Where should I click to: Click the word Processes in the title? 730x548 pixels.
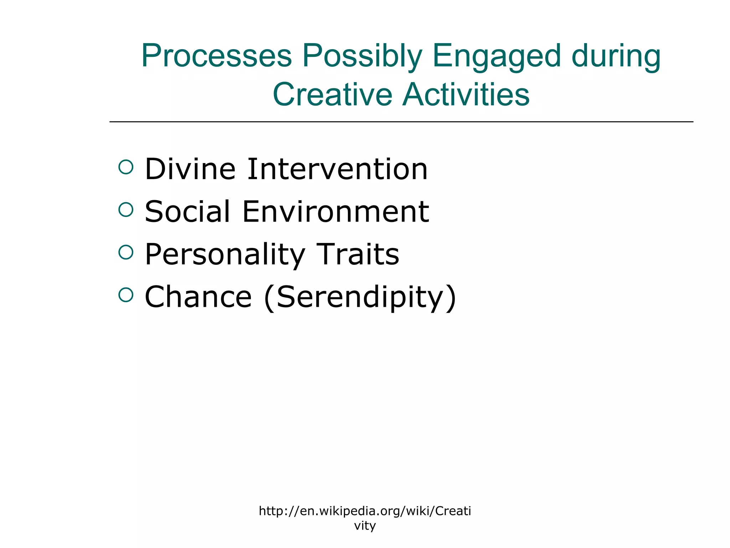click(x=216, y=56)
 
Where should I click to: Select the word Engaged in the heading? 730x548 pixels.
click(x=497, y=56)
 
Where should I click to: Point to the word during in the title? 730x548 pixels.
click(x=616, y=56)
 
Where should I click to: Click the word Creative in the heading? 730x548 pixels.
click(x=332, y=95)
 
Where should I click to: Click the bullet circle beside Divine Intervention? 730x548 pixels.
click(x=126, y=167)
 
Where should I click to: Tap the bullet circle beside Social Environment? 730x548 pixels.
click(x=126, y=209)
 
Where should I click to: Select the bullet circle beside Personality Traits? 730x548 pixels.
click(x=126, y=252)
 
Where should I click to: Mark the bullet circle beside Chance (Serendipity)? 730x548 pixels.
click(x=126, y=295)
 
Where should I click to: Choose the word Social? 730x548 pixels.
click(x=187, y=212)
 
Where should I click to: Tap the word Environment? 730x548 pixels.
click(x=335, y=212)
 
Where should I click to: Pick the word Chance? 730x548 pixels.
click(x=198, y=297)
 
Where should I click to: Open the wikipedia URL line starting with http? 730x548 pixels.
click(x=365, y=511)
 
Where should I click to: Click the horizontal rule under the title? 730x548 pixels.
click(x=401, y=122)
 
